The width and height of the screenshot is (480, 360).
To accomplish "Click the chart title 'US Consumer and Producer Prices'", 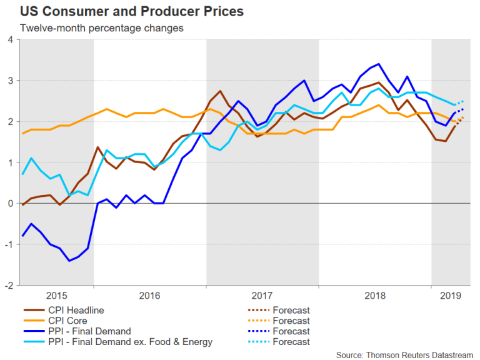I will tap(123, 12).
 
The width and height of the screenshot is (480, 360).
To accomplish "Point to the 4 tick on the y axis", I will tap(9, 40).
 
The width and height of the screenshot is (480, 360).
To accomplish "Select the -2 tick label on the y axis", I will tap(8, 285).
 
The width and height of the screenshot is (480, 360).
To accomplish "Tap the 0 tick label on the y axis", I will tap(9, 204).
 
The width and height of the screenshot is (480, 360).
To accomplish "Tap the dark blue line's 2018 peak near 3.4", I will tap(379, 64).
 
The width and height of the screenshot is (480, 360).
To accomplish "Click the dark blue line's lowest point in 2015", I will tap(69, 261).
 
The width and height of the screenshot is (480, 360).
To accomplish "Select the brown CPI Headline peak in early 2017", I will tap(220, 91).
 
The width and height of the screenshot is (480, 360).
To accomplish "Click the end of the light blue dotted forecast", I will tap(463, 101).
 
